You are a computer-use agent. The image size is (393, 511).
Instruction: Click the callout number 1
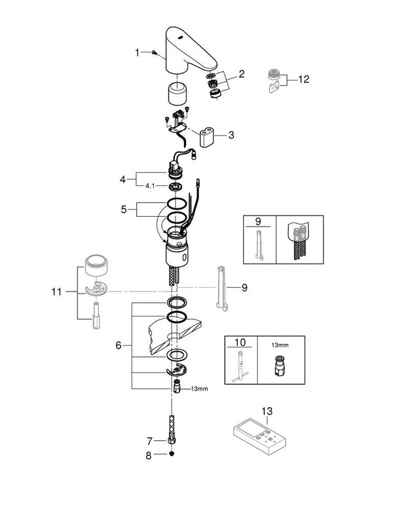pyautogui.click(x=137, y=52)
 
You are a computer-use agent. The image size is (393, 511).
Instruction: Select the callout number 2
pyautogui.click(x=241, y=75)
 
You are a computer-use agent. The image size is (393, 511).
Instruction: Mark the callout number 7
pyautogui.click(x=149, y=441)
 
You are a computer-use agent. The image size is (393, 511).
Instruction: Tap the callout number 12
pyautogui.click(x=303, y=79)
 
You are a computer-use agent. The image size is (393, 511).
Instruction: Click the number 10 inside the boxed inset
pyautogui.click(x=238, y=341)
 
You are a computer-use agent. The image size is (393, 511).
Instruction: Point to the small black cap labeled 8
pyautogui.click(x=172, y=456)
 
